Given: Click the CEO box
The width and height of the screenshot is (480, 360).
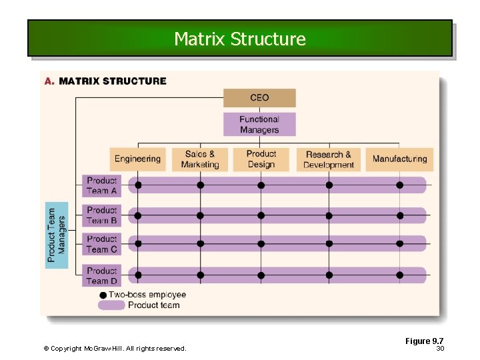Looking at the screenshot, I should tap(259, 98).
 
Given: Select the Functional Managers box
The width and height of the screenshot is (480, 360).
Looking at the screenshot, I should tap(259, 124).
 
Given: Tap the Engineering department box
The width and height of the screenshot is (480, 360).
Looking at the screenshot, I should tap(137, 159).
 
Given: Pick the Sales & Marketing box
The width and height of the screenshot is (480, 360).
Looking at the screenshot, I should tap(200, 159).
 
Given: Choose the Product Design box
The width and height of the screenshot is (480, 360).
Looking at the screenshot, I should tap(261, 159).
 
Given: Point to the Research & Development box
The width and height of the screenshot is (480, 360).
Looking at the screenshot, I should tap(329, 159).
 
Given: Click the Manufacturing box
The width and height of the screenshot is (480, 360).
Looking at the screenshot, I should tap(399, 159).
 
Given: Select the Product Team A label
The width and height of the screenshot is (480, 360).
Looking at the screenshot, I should tap(101, 185).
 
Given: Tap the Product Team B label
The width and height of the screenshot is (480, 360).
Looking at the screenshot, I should tap(101, 215).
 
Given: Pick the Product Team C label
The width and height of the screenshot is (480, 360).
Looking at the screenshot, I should tap(101, 244).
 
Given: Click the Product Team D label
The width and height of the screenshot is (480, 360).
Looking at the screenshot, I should tap(101, 275).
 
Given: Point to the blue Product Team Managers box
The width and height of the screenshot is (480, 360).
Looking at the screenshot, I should tap(57, 235).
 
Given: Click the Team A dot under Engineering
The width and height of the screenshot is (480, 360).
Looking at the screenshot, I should tap(138, 185).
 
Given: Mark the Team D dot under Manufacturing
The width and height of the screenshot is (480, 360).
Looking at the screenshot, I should tap(400, 274).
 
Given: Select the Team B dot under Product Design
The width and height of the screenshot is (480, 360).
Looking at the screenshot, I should tap(261, 215).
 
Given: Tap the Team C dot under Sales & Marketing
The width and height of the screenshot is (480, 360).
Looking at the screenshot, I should tap(200, 244).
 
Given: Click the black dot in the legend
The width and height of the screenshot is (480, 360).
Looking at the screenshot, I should tap(103, 295).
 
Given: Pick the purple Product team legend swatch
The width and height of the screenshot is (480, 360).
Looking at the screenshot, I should tap(111, 305).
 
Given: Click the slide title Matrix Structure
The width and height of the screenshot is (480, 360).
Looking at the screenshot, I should tap(240, 39).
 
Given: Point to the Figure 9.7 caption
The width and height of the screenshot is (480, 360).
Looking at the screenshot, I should tap(424, 341).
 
